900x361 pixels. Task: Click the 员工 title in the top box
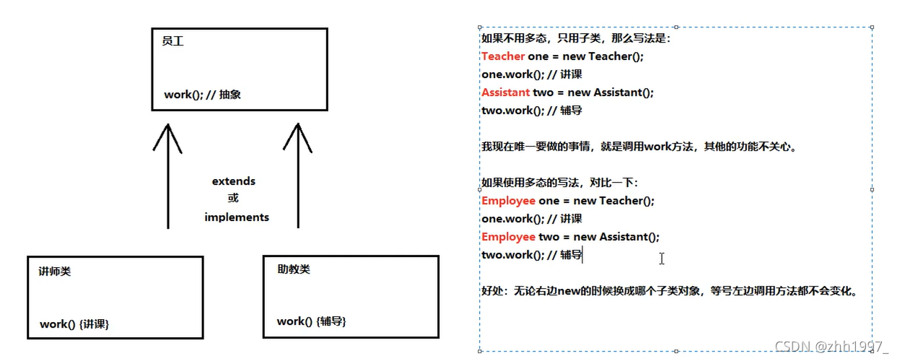click(x=173, y=42)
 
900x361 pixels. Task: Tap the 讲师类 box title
click(x=55, y=272)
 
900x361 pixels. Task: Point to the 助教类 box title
click(x=294, y=269)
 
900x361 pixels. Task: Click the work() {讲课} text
click(x=74, y=324)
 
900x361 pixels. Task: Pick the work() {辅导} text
click(x=312, y=321)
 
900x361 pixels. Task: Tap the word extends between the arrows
click(x=234, y=181)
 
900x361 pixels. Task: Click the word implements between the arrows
click(x=237, y=217)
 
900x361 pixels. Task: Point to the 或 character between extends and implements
click(x=233, y=199)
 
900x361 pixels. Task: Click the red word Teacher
click(x=503, y=56)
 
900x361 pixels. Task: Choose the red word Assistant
click(x=506, y=92)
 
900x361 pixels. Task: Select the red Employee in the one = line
click(x=508, y=201)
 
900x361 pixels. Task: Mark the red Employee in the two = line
click(x=508, y=237)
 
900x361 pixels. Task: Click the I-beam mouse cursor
click(x=662, y=258)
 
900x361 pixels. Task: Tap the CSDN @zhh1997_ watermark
click(x=831, y=347)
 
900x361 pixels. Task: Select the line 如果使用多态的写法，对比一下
click(x=559, y=183)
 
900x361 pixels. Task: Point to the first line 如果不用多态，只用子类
click(x=576, y=38)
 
